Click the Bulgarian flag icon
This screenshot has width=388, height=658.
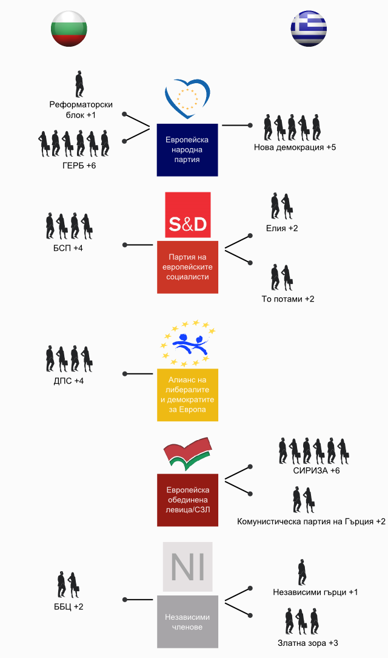click(x=69, y=29)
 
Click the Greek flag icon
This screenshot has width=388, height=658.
click(x=309, y=29)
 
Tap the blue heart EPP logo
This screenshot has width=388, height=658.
click(x=187, y=98)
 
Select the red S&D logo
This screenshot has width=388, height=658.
click(x=188, y=215)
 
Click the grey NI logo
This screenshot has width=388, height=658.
click(x=188, y=566)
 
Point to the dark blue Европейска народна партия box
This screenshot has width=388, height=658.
click(x=187, y=150)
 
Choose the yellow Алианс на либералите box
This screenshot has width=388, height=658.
click(x=188, y=395)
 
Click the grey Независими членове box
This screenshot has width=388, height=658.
click(x=188, y=622)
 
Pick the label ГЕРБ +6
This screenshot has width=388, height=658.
click(x=79, y=166)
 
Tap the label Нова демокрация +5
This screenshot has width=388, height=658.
click(x=295, y=148)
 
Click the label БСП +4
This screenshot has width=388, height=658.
click(x=68, y=248)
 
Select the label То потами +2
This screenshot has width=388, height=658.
click(x=288, y=299)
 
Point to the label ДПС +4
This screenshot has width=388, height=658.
click(x=69, y=381)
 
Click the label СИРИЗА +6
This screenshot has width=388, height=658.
click(x=316, y=471)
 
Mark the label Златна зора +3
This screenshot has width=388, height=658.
click(x=308, y=643)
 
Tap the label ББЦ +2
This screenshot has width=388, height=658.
click(x=69, y=607)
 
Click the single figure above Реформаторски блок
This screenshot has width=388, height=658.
click(x=79, y=84)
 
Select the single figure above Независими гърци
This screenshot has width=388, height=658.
click(x=302, y=572)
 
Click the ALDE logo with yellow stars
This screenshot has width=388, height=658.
click(x=188, y=344)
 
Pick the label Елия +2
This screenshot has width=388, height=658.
click(x=282, y=229)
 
